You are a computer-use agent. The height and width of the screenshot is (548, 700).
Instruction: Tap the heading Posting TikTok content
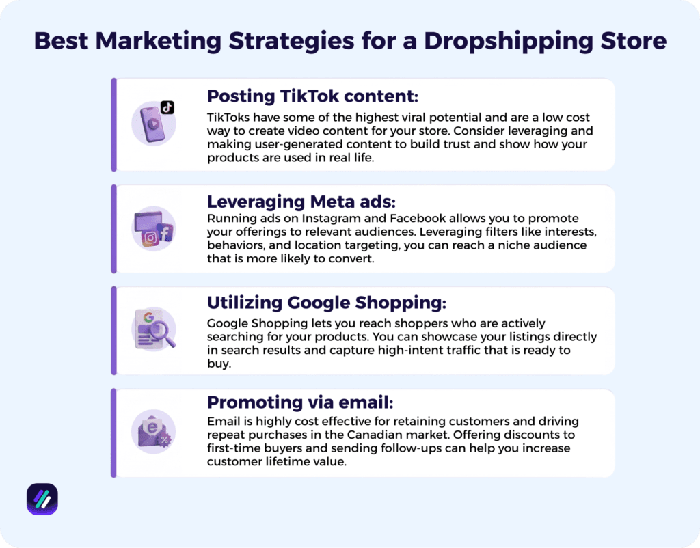(312, 95)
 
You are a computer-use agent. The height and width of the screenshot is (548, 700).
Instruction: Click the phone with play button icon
(152, 125)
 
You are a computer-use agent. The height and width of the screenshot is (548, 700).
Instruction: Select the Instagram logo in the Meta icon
(150, 238)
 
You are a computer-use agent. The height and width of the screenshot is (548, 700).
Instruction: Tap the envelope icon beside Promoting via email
(152, 430)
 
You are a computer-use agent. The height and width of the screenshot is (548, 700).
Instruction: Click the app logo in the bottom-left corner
(42, 499)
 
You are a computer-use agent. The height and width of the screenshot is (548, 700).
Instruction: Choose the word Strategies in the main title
(298, 41)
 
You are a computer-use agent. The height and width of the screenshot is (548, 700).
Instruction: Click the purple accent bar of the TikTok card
(114, 124)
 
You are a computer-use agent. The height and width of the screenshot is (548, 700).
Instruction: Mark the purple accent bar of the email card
(114, 433)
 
